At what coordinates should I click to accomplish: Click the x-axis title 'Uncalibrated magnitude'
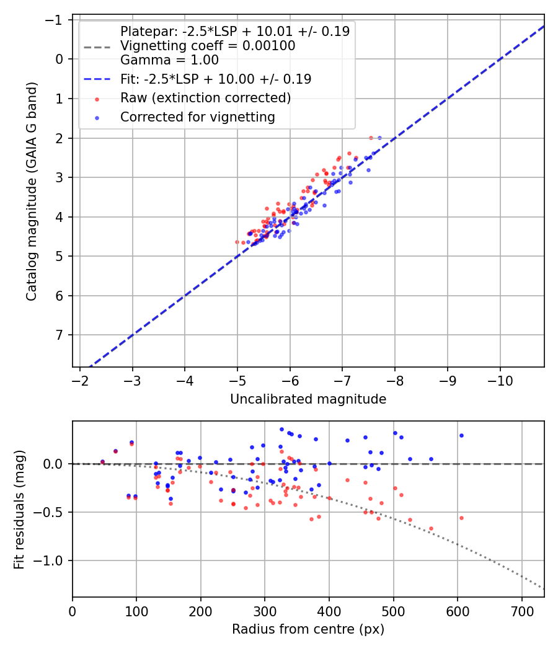(308, 399)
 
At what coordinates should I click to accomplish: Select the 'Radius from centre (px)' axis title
(308, 629)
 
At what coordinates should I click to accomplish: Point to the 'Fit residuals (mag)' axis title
(19, 509)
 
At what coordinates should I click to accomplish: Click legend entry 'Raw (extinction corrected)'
(205, 98)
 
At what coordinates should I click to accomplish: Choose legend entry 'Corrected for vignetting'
(197, 117)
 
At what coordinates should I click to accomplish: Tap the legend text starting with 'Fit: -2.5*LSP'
(216, 79)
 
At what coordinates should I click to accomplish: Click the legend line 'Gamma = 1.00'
(169, 60)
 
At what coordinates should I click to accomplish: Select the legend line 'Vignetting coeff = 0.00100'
(208, 46)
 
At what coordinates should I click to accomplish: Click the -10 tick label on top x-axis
(500, 380)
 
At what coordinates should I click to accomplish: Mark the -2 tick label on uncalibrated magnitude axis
(80, 380)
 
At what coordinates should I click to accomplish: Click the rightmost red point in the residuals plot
(461, 518)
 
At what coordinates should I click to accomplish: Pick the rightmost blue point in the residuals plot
(461, 435)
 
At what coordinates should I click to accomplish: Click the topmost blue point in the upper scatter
(379, 138)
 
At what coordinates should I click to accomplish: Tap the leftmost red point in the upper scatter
(237, 242)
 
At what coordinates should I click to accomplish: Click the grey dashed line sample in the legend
(97, 46)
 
